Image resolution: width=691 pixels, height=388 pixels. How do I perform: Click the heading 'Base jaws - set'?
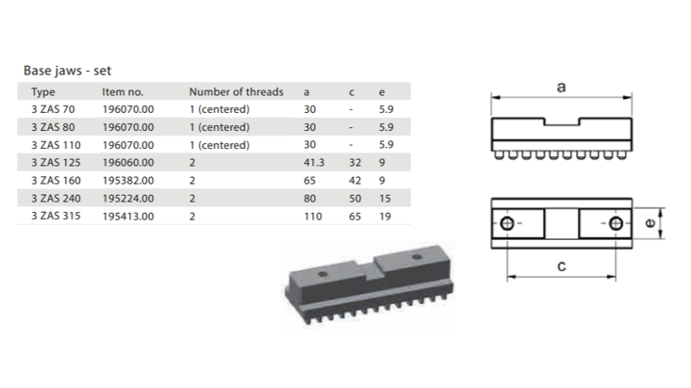click(68, 71)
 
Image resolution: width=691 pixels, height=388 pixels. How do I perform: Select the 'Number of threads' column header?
click(237, 91)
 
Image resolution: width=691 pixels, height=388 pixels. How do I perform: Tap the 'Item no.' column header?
click(123, 91)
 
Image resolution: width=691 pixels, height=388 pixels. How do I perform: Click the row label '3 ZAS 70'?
click(53, 109)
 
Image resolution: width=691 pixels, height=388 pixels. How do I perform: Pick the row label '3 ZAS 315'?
click(56, 216)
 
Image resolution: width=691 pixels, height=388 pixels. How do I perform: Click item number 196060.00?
click(128, 163)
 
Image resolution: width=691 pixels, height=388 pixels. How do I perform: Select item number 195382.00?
click(128, 181)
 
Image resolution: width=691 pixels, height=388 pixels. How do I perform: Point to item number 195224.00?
click(128, 199)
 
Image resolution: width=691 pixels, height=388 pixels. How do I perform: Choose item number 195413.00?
click(128, 217)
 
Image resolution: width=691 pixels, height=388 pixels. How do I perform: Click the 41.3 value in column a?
click(314, 163)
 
